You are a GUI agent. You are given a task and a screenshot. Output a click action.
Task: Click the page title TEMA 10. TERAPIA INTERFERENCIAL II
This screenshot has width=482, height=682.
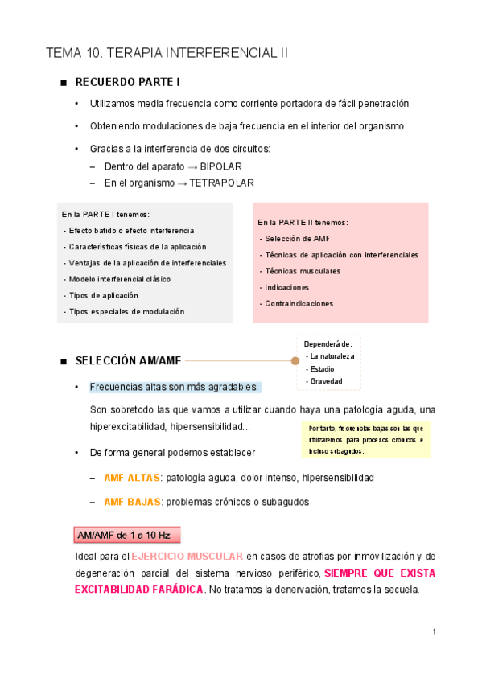(167, 54)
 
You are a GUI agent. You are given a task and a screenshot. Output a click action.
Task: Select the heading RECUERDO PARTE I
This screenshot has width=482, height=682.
(127, 82)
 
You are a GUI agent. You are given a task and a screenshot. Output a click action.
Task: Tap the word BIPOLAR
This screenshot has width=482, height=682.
(220, 167)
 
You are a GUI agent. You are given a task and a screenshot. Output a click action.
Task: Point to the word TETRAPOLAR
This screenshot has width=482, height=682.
(221, 183)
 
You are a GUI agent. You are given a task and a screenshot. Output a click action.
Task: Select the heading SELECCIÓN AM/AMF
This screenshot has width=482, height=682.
(128, 361)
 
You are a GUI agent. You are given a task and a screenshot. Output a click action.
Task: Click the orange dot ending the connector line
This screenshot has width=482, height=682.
(295, 361)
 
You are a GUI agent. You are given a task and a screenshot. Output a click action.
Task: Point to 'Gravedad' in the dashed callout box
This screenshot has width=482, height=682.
(326, 380)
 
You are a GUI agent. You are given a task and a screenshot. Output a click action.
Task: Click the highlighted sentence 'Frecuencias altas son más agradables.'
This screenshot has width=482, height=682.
(175, 387)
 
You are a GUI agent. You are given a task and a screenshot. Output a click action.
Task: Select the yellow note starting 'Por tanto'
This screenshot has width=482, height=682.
(365, 439)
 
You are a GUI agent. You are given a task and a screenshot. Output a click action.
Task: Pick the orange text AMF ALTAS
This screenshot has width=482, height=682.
(132, 478)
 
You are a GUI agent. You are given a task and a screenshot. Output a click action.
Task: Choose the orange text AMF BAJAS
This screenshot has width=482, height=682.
(132, 502)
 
